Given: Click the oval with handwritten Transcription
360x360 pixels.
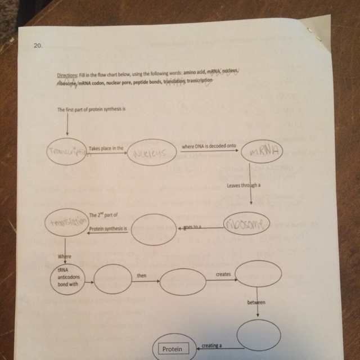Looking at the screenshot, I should [68, 151].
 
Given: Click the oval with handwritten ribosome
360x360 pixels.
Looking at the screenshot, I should [246, 224].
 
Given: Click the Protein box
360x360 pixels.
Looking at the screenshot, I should [173, 349].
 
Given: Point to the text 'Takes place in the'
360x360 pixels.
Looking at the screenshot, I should [106, 147].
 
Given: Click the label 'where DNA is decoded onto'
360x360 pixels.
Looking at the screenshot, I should [205, 146].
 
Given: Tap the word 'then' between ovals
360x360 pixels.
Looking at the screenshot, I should [142, 276].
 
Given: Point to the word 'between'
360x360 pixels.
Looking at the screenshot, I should [256, 303].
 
